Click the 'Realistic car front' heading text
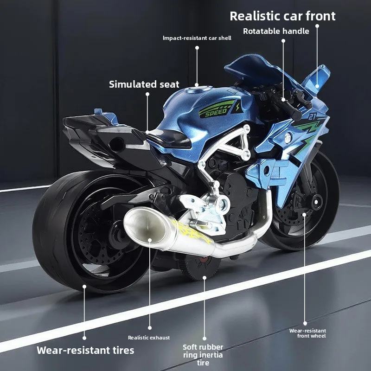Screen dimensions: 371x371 click(282, 16)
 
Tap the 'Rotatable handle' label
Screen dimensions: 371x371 click(276, 31)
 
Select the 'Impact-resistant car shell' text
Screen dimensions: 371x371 click(197, 38)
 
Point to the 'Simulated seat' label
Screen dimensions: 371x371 click(144, 84)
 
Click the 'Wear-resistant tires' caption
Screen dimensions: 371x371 click(85, 350)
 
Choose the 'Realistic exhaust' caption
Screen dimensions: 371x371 click(149, 338)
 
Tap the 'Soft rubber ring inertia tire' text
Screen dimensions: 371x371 click(203, 355)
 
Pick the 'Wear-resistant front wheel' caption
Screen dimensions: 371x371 click(307, 333)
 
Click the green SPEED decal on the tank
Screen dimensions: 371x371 click(217, 109)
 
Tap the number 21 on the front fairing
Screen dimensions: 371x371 click(313, 116)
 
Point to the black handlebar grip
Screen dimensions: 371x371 click(288, 109)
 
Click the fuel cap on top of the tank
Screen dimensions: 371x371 click(198, 90)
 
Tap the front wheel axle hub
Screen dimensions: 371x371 click(317, 202)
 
